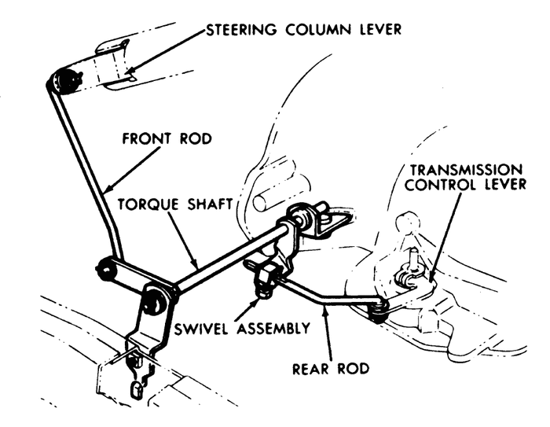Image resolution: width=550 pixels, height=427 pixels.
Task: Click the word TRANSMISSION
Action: click(468, 169)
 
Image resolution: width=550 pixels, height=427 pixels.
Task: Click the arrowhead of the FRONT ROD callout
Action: click(107, 190)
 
